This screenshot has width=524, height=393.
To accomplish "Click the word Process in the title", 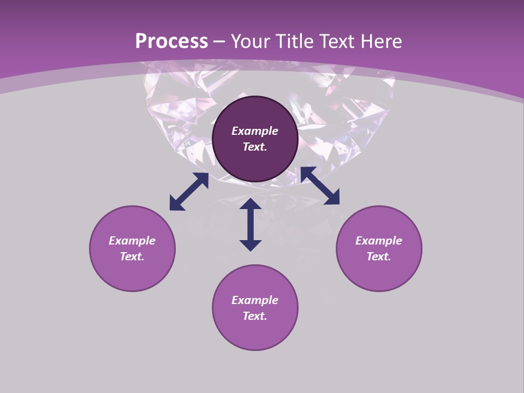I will tap(171, 41).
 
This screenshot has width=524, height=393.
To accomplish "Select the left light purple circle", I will tap(132, 273).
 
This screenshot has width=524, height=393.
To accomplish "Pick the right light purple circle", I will tap(379, 273).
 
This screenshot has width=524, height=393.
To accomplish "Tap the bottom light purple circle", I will tap(255, 333).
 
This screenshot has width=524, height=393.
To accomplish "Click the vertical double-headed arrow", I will tap(251, 224).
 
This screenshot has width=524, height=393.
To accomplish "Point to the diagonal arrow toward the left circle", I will tap(189, 192).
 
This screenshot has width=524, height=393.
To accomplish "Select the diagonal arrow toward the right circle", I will tap(320, 186).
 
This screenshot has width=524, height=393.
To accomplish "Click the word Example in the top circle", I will tap(255, 131).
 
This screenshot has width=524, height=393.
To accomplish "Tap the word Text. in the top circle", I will tap(255, 147).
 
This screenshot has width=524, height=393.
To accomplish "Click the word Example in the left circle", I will tap(132, 241).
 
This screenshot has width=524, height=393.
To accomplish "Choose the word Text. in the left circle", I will tap(132, 257).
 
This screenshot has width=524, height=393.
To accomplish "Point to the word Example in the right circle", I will tap(379, 241).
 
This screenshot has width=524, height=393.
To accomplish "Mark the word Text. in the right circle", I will tap(379, 257).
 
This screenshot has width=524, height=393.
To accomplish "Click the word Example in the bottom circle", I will tap(255, 300).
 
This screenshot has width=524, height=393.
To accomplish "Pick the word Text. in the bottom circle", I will tap(255, 316).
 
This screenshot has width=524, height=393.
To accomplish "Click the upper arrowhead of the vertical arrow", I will tap(251, 204).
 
